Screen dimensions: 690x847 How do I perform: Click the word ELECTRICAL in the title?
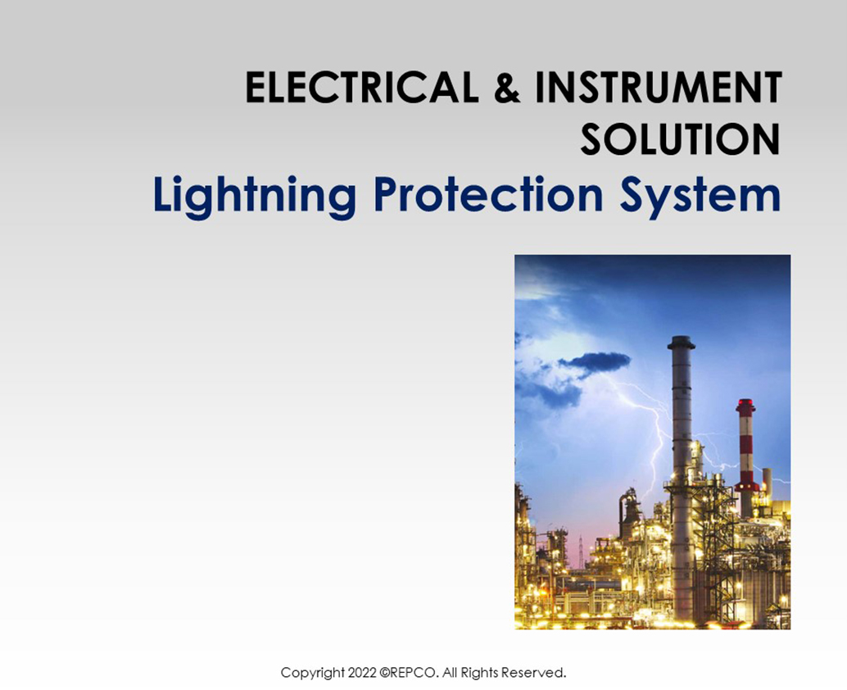(x=362, y=89)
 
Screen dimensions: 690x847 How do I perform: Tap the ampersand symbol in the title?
(x=507, y=89)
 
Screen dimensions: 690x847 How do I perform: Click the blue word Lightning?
(x=254, y=197)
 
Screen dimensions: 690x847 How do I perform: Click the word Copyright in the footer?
(x=313, y=673)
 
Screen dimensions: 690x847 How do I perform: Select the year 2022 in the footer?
(x=362, y=673)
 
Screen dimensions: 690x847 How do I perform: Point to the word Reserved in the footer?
(x=533, y=673)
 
